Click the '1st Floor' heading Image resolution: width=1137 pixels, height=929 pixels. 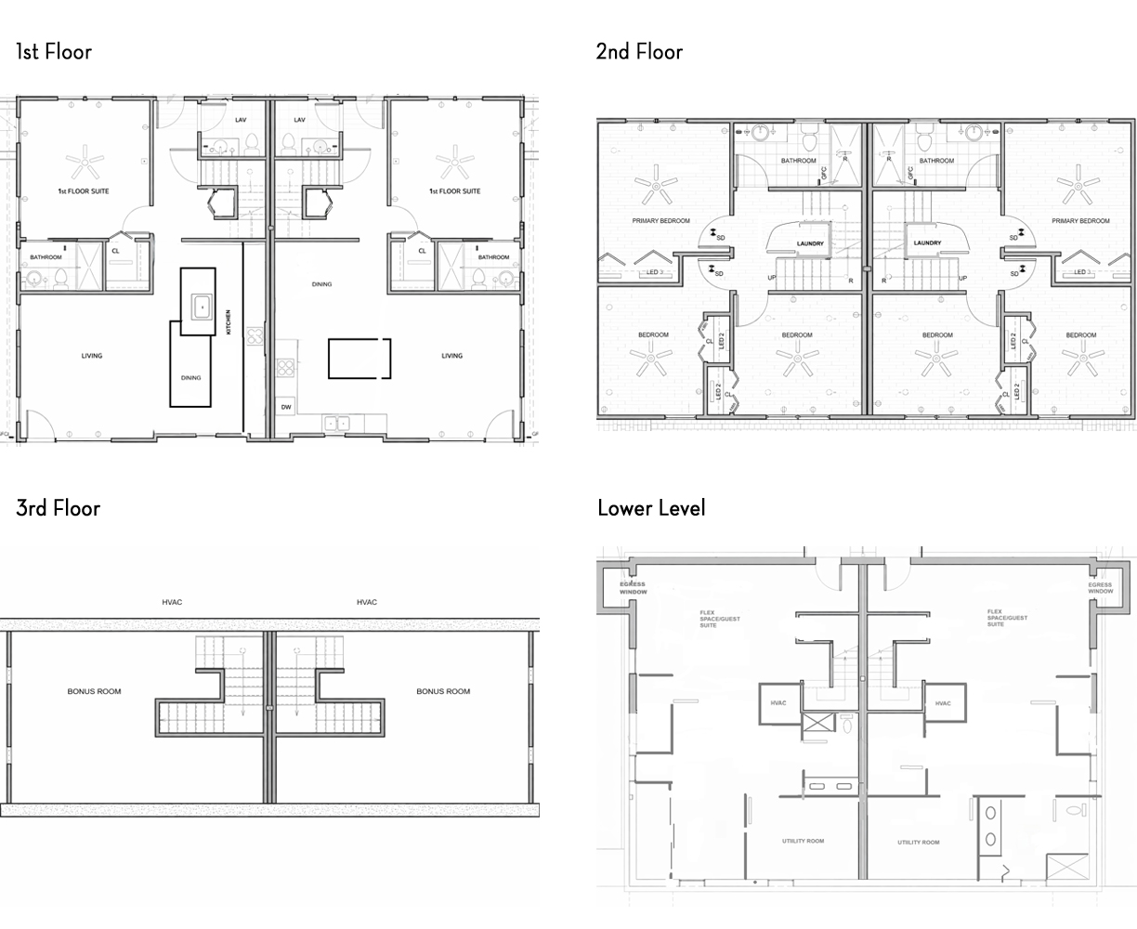click(x=54, y=51)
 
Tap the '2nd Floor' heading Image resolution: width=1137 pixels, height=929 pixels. click(x=639, y=51)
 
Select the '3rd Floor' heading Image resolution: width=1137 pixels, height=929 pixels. click(x=58, y=507)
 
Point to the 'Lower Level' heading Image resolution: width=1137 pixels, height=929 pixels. click(x=651, y=507)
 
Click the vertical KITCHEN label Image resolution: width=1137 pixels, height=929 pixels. click(x=228, y=322)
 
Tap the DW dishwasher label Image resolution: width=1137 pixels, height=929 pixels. click(x=285, y=408)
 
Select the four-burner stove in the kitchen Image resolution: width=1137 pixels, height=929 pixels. click(x=285, y=367)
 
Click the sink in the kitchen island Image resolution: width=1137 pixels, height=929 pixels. click(x=202, y=305)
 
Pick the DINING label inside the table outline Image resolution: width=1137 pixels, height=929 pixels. click(x=190, y=378)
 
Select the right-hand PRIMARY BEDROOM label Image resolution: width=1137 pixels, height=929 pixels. click(x=1080, y=221)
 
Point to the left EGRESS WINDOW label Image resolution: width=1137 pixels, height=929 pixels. click(x=633, y=587)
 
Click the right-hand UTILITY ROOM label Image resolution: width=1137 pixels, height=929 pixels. click(x=918, y=843)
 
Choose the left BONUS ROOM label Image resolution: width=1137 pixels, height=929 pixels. click(x=94, y=691)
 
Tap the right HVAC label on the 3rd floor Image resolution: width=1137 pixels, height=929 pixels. click(x=367, y=602)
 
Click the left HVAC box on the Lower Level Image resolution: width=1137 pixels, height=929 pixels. click(x=778, y=703)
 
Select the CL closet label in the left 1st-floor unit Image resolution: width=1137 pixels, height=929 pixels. click(x=116, y=251)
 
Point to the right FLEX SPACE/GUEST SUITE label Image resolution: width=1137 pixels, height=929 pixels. click(x=1008, y=618)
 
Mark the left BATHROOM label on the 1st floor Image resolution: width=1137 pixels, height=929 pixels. click(x=46, y=257)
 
